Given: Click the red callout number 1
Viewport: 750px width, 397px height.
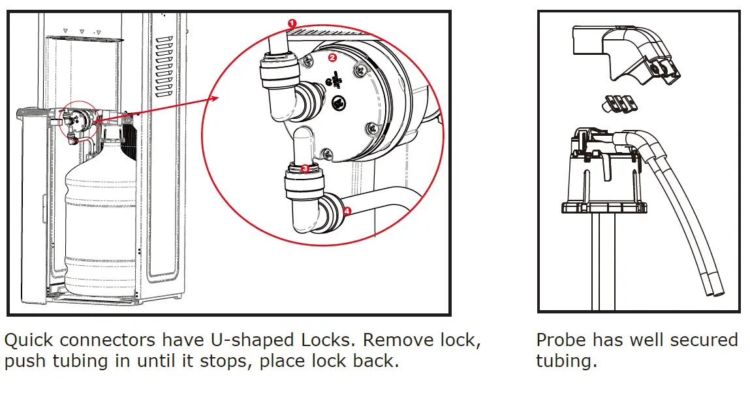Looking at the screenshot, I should (292, 23).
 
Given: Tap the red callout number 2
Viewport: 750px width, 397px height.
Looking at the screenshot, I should (332, 57).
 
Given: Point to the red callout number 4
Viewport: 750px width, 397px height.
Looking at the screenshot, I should (347, 211).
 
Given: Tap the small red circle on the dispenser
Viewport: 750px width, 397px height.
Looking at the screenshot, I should (78, 121).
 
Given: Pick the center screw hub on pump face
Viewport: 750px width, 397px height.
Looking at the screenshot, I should (338, 103).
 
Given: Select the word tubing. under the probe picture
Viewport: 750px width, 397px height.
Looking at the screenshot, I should (566, 361).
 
